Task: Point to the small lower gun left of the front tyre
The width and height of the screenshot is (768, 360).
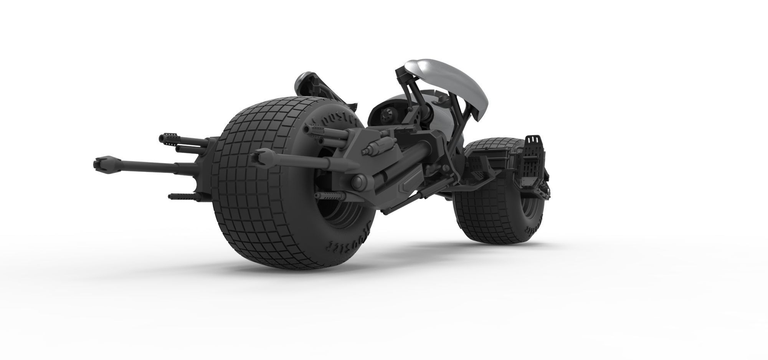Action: point(180,196)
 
